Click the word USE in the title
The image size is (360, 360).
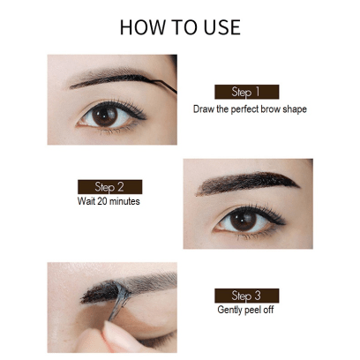click(x=222, y=27)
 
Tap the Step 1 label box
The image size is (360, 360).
click(x=246, y=92)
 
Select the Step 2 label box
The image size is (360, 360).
click(x=109, y=187)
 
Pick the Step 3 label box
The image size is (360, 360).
click(x=246, y=296)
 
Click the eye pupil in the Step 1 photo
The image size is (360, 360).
click(x=104, y=116)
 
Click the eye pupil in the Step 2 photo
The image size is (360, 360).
click(x=243, y=221)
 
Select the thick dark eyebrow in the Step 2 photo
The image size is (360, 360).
click(x=247, y=183)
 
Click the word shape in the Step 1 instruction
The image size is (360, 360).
click(x=295, y=109)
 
